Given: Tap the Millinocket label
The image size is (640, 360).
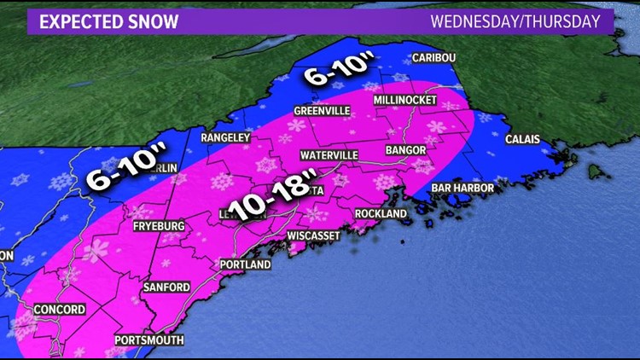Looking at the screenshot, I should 405,101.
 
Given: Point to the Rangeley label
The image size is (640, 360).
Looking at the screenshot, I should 224,137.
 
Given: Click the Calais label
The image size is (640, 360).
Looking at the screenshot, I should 522,137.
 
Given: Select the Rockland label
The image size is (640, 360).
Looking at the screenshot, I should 381,214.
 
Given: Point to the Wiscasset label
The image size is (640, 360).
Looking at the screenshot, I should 314,235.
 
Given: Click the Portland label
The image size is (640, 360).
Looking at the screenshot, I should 246,264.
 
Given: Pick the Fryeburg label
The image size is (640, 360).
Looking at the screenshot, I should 158,226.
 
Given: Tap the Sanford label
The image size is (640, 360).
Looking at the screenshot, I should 166,287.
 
